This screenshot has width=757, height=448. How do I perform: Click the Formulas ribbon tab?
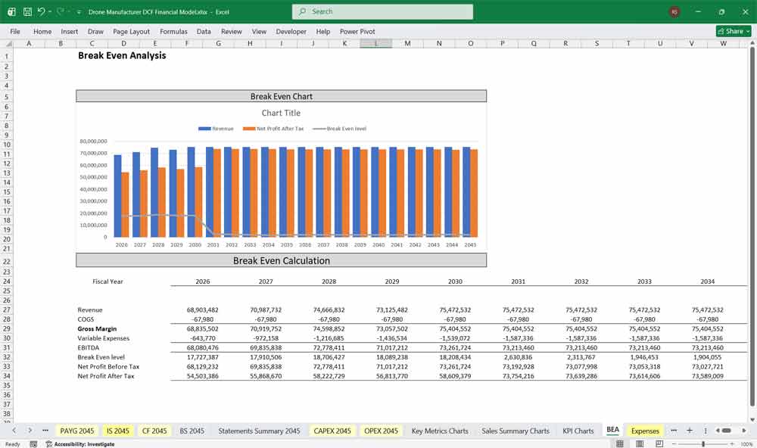coord(173,32)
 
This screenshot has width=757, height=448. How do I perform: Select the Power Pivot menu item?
coord(357,32)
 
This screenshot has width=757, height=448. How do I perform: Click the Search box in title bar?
coord(382,11)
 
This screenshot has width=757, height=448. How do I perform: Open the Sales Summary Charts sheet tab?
coord(516,431)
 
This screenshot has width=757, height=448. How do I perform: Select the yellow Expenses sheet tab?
coord(645,431)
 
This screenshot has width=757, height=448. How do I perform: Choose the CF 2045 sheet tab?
coord(154,431)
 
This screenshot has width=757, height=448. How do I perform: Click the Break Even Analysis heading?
coord(122,55)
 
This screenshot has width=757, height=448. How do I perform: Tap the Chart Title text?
coord(281,113)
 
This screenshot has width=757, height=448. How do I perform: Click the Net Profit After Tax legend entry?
coord(281,129)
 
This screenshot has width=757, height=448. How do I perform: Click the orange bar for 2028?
coord(162,202)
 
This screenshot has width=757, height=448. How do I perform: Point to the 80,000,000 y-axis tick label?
coord(93,142)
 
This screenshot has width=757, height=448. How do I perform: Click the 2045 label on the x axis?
coord(470,244)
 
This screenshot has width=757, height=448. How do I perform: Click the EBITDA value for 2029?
coord(391,347)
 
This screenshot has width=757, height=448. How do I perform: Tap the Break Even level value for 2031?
coord(518,357)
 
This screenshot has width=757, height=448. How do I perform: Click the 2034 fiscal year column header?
coord(707,282)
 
